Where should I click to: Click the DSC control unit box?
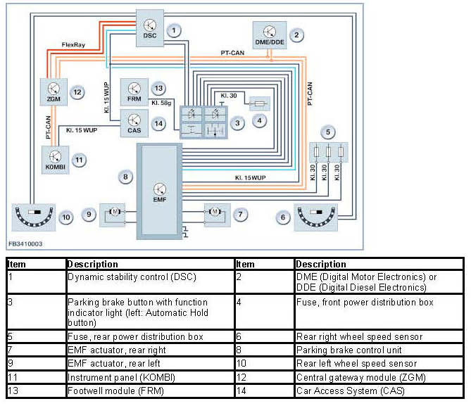150,28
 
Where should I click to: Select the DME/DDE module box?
270,35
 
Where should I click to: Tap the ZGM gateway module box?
54,92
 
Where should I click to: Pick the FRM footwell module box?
134,92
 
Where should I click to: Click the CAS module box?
134,123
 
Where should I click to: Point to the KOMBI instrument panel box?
56,160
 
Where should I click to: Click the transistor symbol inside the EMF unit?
160,189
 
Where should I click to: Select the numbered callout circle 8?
125,177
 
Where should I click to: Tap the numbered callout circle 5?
327,132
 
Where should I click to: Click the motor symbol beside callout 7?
215,212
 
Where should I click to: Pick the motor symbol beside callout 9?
115,212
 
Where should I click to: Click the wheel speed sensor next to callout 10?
34,217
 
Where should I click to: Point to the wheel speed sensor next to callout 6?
315,217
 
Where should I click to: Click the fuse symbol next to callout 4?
260,104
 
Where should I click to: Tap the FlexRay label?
73,45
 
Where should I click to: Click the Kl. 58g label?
161,103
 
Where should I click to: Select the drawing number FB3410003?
25,244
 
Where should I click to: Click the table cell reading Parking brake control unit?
348,350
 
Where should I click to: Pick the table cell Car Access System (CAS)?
350,391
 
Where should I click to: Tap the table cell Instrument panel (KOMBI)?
121,377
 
